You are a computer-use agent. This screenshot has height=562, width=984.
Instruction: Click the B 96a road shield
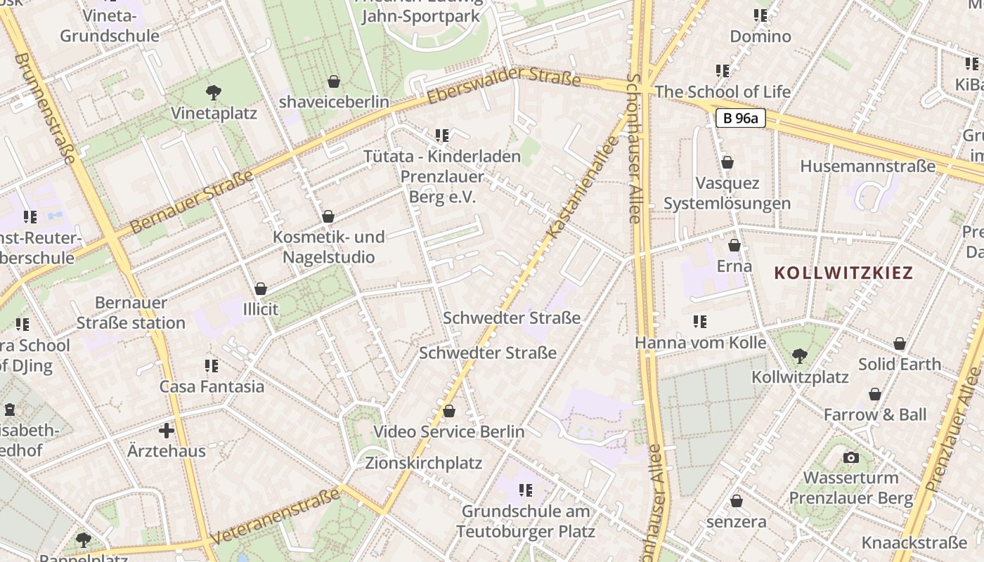(x=740, y=118)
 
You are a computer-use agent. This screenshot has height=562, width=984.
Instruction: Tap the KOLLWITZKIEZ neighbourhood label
(x=843, y=273)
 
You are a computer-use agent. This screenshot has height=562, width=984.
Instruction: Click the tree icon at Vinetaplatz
(x=214, y=92)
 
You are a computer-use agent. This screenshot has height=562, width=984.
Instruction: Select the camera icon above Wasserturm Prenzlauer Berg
(x=851, y=458)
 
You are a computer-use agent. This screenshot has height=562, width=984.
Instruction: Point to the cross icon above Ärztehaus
(x=167, y=430)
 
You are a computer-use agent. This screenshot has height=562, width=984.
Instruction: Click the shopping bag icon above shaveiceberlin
(x=334, y=81)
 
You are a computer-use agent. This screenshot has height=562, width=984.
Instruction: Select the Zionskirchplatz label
(x=423, y=463)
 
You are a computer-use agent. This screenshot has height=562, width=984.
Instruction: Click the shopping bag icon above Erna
(x=734, y=245)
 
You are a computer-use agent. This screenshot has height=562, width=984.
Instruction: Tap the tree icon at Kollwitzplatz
(x=799, y=356)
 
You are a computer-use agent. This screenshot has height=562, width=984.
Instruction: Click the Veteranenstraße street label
(x=275, y=516)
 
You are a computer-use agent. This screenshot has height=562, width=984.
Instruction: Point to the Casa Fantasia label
(x=212, y=386)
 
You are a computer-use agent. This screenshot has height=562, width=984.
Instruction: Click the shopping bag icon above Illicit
(x=261, y=289)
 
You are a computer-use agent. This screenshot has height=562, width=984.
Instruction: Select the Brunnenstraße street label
(x=44, y=108)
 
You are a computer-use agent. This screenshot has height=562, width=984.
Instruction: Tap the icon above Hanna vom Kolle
(x=699, y=322)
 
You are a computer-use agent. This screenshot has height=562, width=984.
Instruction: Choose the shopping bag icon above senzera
(x=737, y=501)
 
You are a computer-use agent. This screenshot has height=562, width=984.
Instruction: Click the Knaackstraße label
(x=914, y=542)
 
